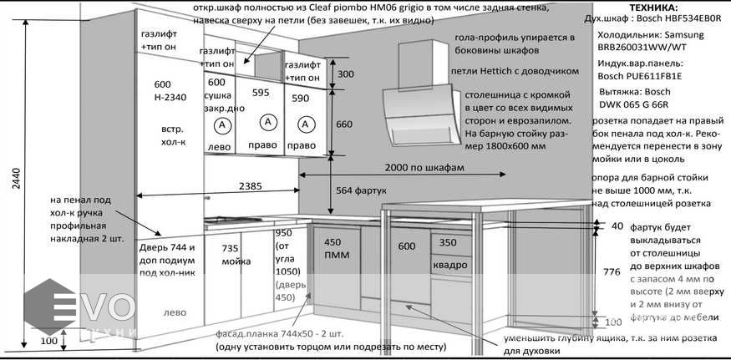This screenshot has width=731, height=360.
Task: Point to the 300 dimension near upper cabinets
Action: [346, 74]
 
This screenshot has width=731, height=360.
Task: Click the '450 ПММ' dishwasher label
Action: [337, 248]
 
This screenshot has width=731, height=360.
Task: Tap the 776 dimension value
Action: [612, 271]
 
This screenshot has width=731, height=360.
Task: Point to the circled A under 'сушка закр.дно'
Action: [222, 125]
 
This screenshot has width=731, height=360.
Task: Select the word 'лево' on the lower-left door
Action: [175, 314]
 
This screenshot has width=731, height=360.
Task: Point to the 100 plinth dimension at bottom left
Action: [48, 341]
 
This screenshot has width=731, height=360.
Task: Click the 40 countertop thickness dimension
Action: [617, 226]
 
